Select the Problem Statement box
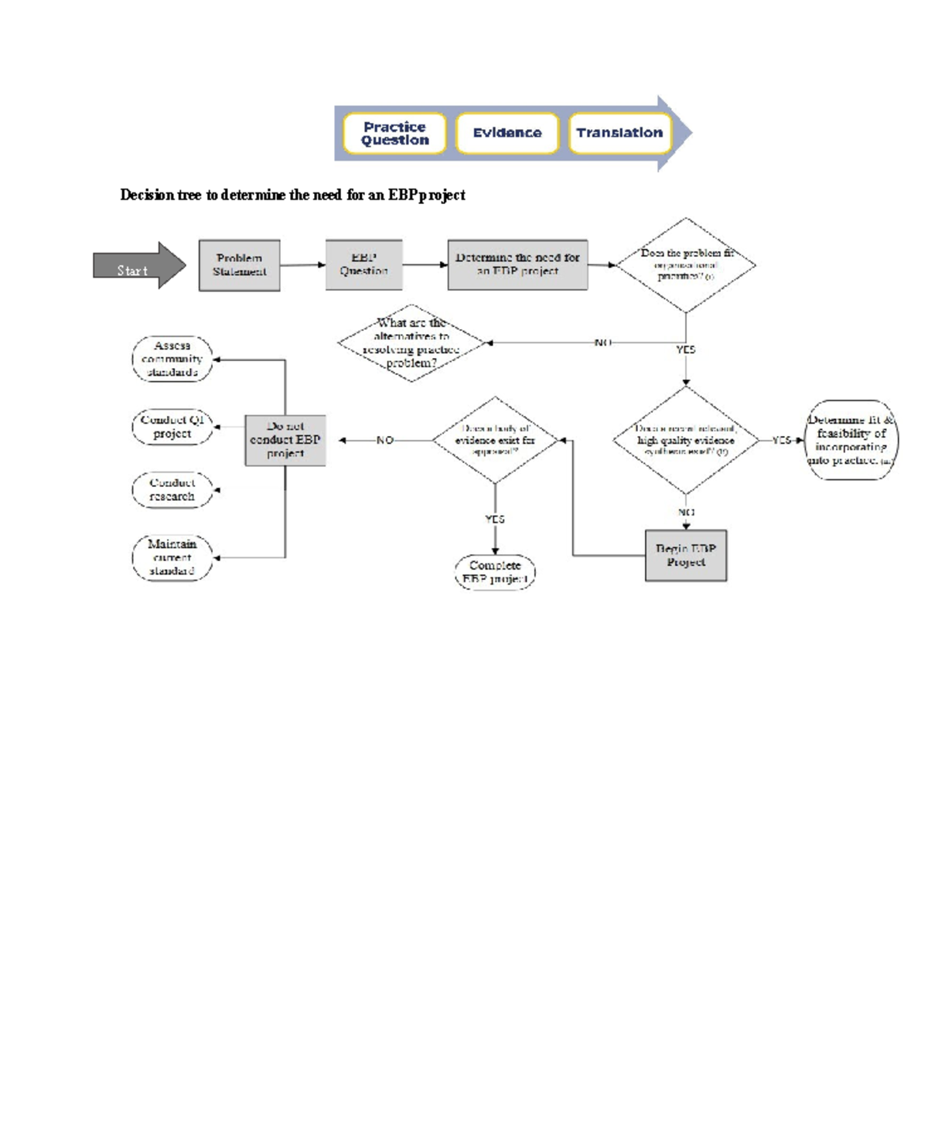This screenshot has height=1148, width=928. point(239,265)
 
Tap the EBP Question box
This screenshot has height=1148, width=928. point(363,264)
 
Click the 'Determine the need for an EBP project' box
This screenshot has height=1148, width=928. point(517,264)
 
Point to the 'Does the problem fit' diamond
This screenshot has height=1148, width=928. point(686,264)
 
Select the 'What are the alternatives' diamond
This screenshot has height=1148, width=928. point(411,343)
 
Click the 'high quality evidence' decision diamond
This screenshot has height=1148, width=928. point(686,440)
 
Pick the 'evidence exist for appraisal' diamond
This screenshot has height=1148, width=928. point(495,440)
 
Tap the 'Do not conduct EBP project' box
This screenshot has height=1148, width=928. point(285,440)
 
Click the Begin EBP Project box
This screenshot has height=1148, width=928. point(686,555)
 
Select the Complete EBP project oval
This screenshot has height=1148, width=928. point(495,572)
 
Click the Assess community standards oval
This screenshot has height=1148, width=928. point(172,359)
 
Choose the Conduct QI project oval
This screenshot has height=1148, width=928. point(172,427)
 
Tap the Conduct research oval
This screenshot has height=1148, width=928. point(172,490)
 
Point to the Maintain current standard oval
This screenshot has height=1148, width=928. point(172,557)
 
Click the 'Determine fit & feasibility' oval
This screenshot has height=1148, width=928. point(851,440)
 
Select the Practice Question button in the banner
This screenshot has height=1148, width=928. point(394,134)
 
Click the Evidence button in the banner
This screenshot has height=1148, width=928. point(507,134)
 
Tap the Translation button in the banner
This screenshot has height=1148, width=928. point(619,134)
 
